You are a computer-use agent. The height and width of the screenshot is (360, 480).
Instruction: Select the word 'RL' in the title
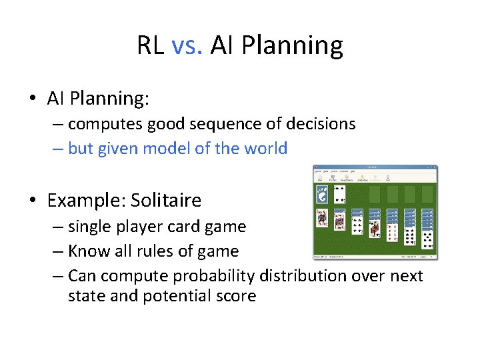pos(151,45)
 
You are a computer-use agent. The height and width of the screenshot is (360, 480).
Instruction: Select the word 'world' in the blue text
pos(266,149)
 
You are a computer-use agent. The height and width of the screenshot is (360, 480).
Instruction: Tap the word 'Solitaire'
pos(166,200)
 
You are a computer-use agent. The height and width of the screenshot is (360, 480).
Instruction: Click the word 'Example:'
pos(87,200)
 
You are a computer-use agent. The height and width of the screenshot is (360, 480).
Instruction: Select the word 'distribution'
pos(309,276)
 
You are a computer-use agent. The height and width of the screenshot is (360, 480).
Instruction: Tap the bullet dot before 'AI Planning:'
pos(33,99)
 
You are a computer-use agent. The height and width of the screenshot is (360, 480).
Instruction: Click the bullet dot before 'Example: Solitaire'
pos(33,201)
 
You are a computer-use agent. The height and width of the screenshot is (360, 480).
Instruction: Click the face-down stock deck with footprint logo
pos(321,195)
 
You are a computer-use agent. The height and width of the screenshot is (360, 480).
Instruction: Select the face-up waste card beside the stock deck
pos(339,195)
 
